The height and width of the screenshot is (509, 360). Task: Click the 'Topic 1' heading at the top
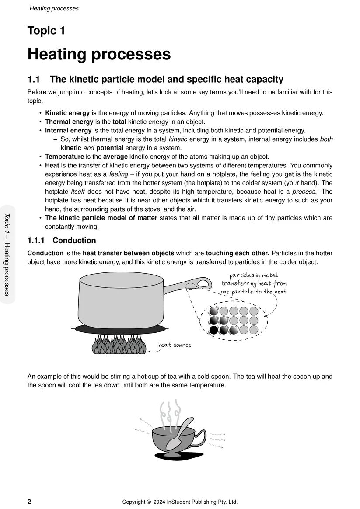click(46, 31)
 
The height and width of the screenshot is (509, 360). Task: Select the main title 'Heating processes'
click(99, 55)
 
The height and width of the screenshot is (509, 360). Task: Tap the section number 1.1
click(34, 80)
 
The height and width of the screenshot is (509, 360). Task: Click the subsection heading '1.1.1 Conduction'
click(62, 241)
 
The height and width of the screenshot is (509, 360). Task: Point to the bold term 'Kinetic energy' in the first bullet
click(67, 113)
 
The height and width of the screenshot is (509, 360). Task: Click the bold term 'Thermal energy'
click(69, 122)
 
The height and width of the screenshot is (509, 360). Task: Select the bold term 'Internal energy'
click(68, 130)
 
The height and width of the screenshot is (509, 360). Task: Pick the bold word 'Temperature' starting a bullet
click(64, 157)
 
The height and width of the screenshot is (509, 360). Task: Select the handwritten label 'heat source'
click(175, 345)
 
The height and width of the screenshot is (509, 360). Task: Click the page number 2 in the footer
click(29, 502)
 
